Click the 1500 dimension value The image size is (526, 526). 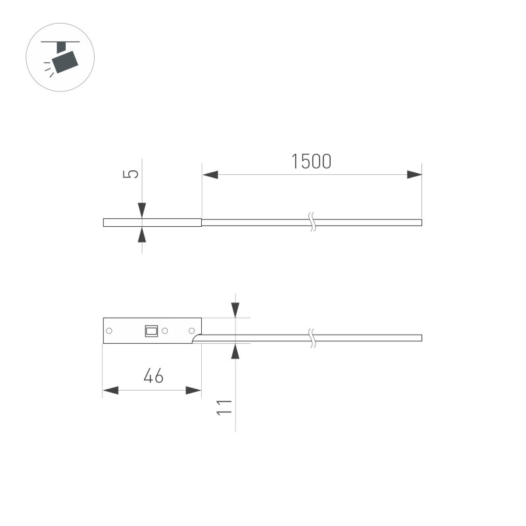(311, 162)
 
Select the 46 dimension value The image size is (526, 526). (153, 377)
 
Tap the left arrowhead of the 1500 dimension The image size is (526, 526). (210, 175)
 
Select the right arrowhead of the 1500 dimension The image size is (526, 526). (414, 175)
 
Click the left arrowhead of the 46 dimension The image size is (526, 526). (110, 391)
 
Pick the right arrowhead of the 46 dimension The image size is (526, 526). (193, 391)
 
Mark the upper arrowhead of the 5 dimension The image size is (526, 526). (142, 210)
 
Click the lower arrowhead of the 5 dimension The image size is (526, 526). (142, 234)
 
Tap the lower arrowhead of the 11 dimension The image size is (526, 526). (235, 351)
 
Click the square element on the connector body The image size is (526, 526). (151, 331)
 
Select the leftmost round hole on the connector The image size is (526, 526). (110, 331)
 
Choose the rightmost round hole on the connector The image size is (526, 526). (192, 331)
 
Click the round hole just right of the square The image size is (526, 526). (166, 331)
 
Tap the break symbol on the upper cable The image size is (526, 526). (314, 222)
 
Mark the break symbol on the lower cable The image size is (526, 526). (314, 338)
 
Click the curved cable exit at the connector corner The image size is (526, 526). (196, 339)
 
